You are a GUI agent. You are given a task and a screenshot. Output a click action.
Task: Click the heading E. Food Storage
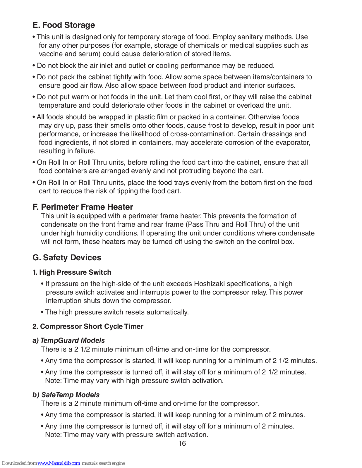point(64,25)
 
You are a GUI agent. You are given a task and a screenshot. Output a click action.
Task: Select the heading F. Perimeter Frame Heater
point(83,207)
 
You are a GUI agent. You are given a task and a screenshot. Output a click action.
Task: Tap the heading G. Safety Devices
point(67,258)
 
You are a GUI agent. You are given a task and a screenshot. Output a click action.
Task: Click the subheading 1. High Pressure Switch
point(72,272)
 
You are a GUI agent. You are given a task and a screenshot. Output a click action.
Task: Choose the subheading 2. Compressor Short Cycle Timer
point(88,326)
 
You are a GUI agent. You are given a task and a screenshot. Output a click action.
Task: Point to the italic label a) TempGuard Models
point(69,340)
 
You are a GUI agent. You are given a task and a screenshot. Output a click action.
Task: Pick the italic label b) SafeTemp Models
point(66,395)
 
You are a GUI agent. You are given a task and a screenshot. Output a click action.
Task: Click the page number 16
point(182,443)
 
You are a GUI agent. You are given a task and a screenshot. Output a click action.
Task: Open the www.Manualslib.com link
point(59,463)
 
